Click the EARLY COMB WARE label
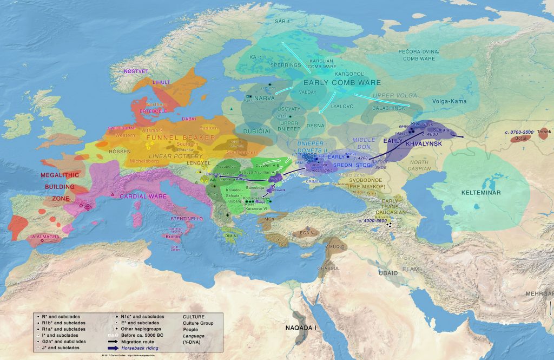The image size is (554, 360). (x=342, y=83)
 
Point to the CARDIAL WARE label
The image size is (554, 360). (x=143, y=196)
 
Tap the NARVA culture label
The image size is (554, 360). (x=265, y=99)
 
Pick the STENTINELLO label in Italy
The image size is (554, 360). (x=186, y=219)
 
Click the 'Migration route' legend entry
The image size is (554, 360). (x=142, y=342)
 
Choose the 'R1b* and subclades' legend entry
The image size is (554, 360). (x=66, y=323)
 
